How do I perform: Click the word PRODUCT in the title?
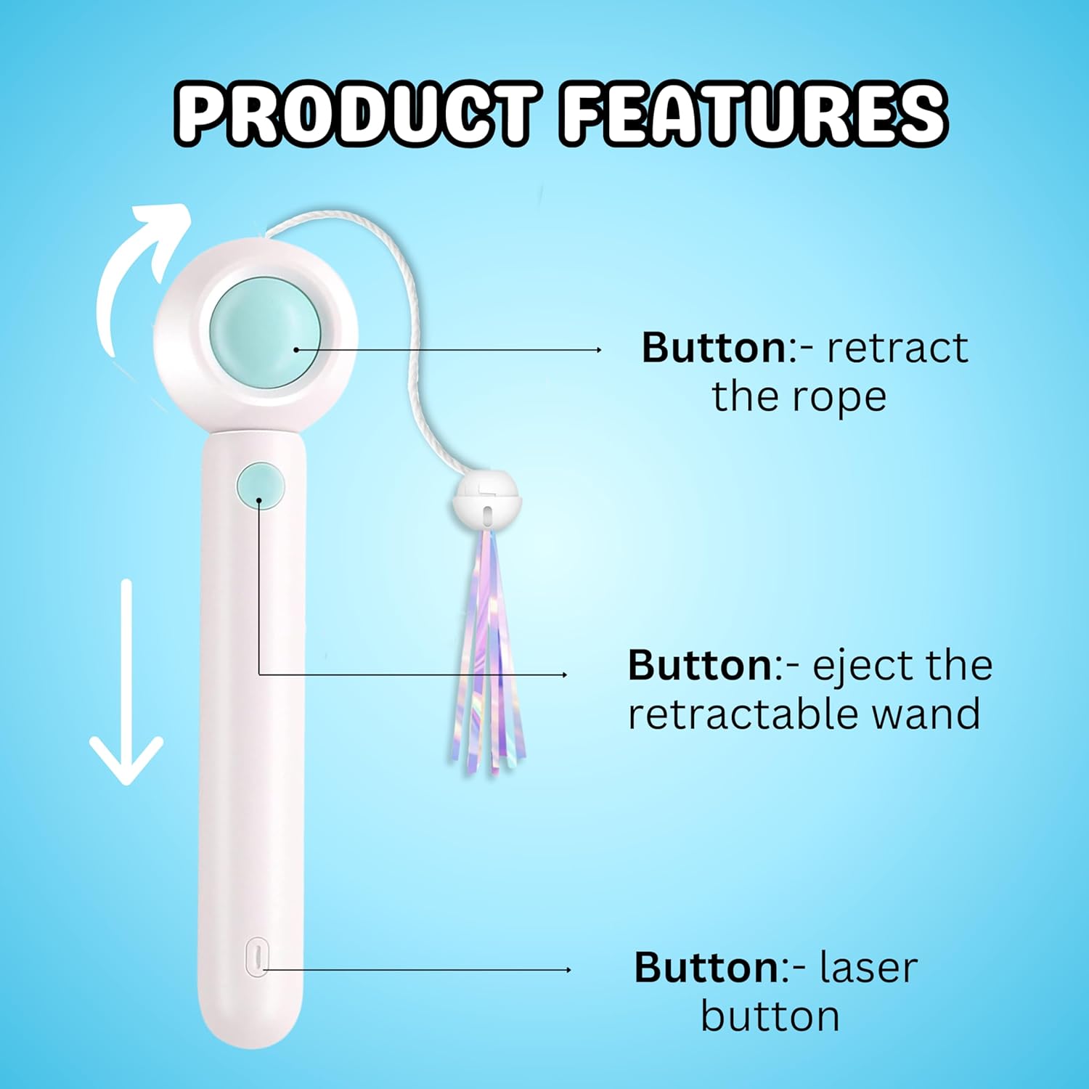pyautogui.click(x=356, y=115)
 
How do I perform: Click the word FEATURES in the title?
pyautogui.click(x=754, y=115)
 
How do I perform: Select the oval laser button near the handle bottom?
pyautogui.click(x=256, y=957)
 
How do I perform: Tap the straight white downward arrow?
pyautogui.click(x=126, y=682)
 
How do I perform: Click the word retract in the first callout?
pyautogui.click(x=897, y=348)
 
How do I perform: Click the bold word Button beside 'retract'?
pyautogui.click(x=714, y=348)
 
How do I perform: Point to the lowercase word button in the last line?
pyautogui.click(x=770, y=1016)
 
